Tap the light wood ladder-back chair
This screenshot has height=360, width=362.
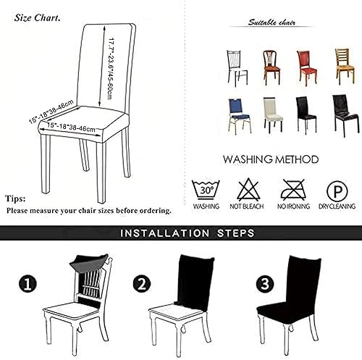coord(343,64)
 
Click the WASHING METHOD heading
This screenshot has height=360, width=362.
coord(270,159)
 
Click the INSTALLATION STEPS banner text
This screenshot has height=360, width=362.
coord(187,234)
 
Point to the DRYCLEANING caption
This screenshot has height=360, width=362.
coord(336,207)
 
